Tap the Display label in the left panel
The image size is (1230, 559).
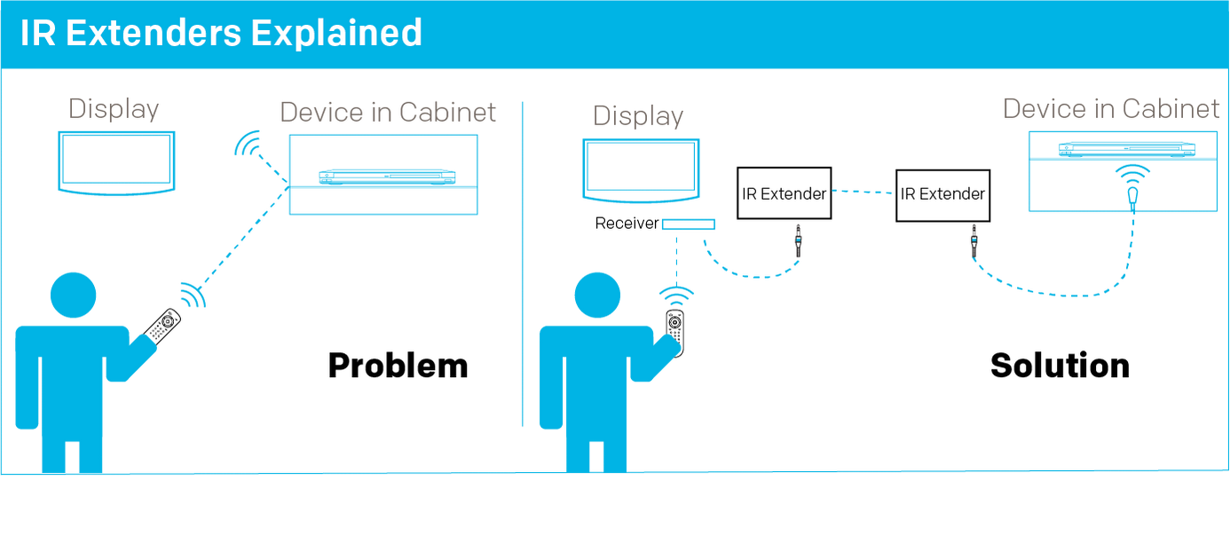(114, 109)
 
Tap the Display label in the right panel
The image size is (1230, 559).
(638, 116)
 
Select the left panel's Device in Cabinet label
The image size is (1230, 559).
(388, 113)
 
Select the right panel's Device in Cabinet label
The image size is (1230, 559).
(1111, 109)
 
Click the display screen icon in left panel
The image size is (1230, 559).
(118, 161)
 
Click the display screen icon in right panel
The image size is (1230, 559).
(641, 169)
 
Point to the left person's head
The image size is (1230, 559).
(73, 295)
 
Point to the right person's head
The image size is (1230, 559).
(596, 295)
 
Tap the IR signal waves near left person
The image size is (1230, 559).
(193, 294)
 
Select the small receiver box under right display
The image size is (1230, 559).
(688, 224)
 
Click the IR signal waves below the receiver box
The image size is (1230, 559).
(676, 294)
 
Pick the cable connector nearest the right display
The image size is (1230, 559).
(799, 240)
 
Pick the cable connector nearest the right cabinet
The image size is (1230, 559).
(974, 241)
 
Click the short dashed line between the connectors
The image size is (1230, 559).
(861, 192)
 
